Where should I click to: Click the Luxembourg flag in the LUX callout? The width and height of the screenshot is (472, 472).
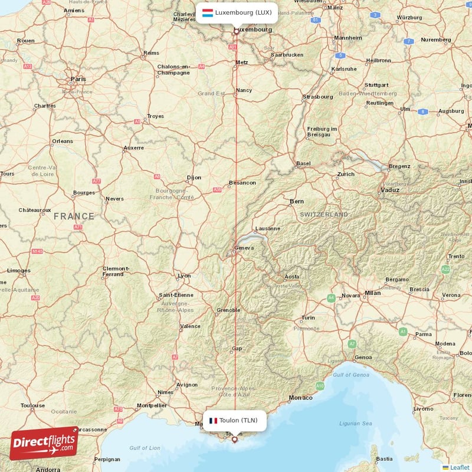[x=208, y=12]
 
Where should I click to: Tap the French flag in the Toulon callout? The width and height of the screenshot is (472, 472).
[x=213, y=421]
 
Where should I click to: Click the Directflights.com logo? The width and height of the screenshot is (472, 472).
[x=44, y=443]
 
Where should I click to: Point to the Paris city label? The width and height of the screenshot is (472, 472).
[x=78, y=78]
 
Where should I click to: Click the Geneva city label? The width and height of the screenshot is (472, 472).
[x=244, y=248]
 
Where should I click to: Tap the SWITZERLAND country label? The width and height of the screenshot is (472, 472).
[x=323, y=215]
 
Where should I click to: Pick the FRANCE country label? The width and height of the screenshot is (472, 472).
[x=74, y=217]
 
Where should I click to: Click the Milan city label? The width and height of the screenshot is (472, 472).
[x=372, y=292]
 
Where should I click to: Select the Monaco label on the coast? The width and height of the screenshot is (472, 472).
[x=301, y=398]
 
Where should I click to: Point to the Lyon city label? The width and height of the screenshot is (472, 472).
[x=185, y=276]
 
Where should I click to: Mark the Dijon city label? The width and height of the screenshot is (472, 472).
[x=194, y=177]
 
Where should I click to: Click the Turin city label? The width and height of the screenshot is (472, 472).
[x=308, y=317]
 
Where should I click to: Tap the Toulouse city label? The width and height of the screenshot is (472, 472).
[x=33, y=405]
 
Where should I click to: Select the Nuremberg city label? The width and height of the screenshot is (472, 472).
[x=436, y=40]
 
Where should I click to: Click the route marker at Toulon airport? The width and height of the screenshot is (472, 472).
[x=234, y=439]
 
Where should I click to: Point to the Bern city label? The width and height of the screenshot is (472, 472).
[x=297, y=201]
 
